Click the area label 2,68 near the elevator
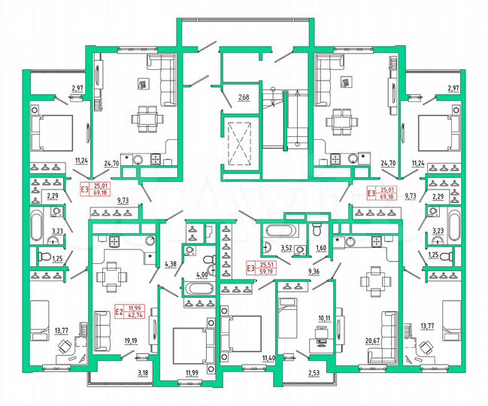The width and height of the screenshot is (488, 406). (x=244, y=98)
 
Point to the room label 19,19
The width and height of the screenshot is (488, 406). (x=130, y=340)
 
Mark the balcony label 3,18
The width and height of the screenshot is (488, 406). (x=141, y=371)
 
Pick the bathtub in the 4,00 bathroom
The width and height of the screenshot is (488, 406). (x=200, y=289)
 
